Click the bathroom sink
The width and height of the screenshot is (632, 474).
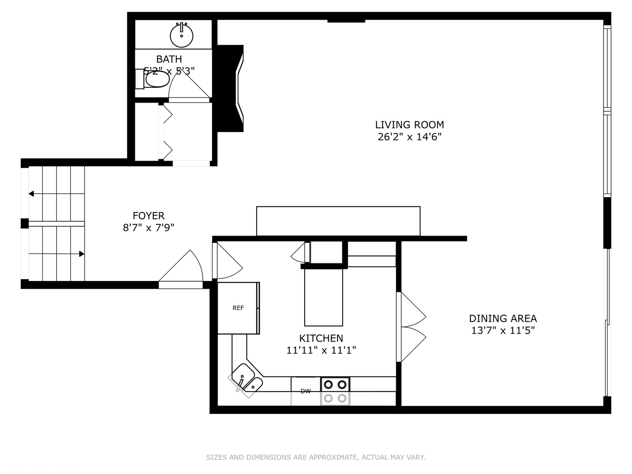click(x=181, y=35)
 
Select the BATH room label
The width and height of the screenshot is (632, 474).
click(x=169, y=59)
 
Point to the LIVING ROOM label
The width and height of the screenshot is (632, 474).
click(x=409, y=125)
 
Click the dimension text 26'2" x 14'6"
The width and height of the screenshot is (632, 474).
click(x=409, y=137)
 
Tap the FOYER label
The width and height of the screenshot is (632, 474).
click(x=148, y=215)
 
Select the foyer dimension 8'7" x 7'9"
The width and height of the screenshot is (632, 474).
click(x=148, y=227)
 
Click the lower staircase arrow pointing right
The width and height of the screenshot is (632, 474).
click(x=81, y=254)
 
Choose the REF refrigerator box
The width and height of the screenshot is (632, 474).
click(x=238, y=308)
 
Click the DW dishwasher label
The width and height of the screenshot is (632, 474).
click(x=305, y=391)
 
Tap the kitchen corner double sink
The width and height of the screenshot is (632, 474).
click(x=246, y=379)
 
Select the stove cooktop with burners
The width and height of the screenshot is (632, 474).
click(x=335, y=391)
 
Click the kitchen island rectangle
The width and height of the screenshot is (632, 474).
click(x=323, y=297)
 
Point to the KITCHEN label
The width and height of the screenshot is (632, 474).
click(x=321, y=338)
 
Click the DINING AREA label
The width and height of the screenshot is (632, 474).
click(x=503, y=318)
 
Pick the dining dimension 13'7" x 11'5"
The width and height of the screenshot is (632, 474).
click(x=503, y=330)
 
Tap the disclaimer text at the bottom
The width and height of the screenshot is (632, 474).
click(x=316, y=457)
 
